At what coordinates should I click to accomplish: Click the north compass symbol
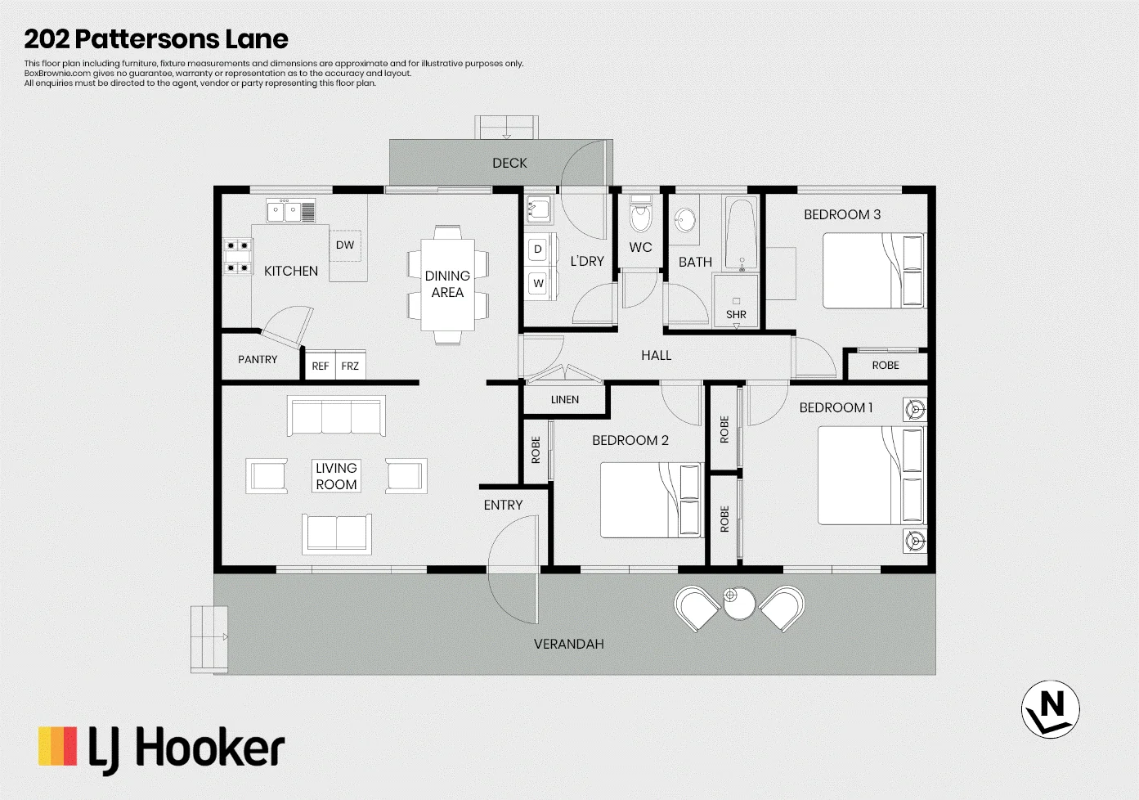coord(1050,709)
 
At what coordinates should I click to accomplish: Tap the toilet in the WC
coord(640,213)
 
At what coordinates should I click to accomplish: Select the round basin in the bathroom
coord(685,220)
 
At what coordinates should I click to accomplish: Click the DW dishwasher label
coord(345,245)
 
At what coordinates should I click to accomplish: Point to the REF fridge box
coord(321,365)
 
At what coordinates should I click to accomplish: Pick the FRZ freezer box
coord(350,365)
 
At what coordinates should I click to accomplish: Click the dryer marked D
coord(538,249)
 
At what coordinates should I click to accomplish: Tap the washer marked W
coord(538,283)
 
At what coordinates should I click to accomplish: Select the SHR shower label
coord(736,314)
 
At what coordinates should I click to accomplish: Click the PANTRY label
coord(258,360)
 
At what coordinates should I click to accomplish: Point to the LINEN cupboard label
coord(565,400)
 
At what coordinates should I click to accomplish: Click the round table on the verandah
coord(739,603)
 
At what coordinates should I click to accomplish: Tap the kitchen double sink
coord(291,211)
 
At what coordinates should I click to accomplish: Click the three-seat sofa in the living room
coord(336,416)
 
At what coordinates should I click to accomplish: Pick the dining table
coord(447,285)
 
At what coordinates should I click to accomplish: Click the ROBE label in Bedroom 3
coord(886,365)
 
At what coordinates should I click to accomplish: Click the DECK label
coord(509,164)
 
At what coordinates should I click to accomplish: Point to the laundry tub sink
coord(539,209)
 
